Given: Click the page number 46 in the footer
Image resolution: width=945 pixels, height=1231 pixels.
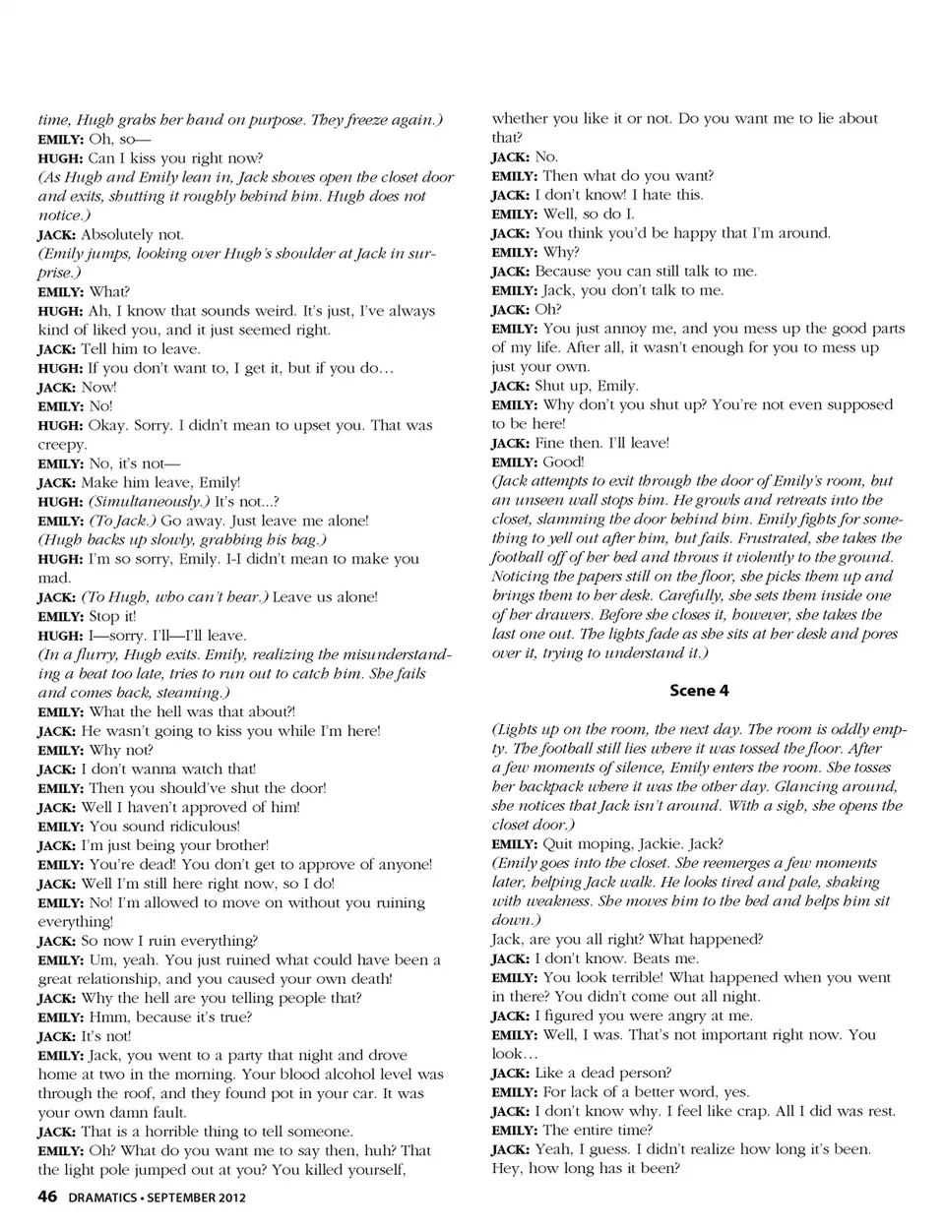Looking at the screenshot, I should [47, 1197].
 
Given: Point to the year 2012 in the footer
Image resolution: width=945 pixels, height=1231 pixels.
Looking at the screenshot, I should [230, 1198].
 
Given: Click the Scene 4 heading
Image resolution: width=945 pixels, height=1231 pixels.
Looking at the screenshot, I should [699, 691].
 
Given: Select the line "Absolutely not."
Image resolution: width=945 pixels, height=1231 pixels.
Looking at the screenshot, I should [132, 234].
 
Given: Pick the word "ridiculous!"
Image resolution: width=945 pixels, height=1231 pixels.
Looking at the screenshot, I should [204, 826].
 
